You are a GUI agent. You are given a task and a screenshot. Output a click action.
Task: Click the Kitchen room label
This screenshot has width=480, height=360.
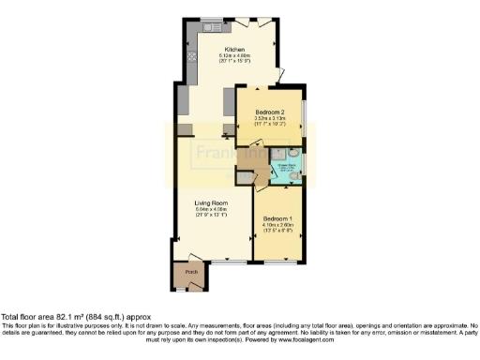[x=234, y=49]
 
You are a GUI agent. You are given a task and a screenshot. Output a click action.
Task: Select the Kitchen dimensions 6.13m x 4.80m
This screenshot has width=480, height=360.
[x=234, y=55]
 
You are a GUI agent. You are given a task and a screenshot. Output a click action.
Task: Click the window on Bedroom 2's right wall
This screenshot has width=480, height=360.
[x=304, y=113]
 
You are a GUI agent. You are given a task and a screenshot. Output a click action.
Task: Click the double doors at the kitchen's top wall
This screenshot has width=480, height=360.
[x=252, y=22]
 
